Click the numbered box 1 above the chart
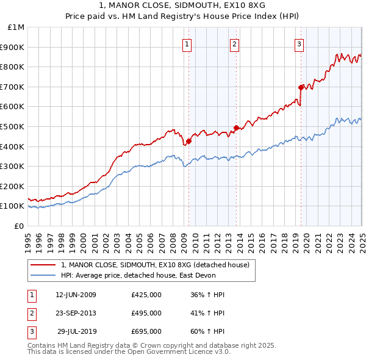187,43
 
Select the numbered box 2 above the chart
234,43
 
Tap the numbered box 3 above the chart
300,43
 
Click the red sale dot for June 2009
188,141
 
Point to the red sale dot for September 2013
236,128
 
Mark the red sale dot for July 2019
301,87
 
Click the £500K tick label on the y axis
13,126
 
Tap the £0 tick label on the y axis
18,226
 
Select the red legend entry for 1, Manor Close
155,265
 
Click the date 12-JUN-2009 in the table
76,295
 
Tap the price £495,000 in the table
146,313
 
